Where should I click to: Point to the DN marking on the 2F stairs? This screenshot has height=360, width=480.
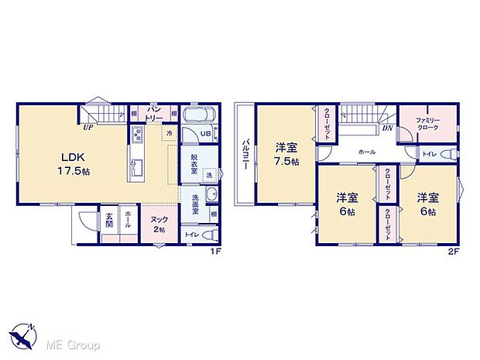[387, 128]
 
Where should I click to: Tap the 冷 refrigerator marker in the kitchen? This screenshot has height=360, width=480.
[169, 134]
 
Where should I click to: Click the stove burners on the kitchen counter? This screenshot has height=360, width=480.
[138, 138]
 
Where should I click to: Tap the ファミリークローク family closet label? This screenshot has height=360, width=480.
[428, 124]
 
